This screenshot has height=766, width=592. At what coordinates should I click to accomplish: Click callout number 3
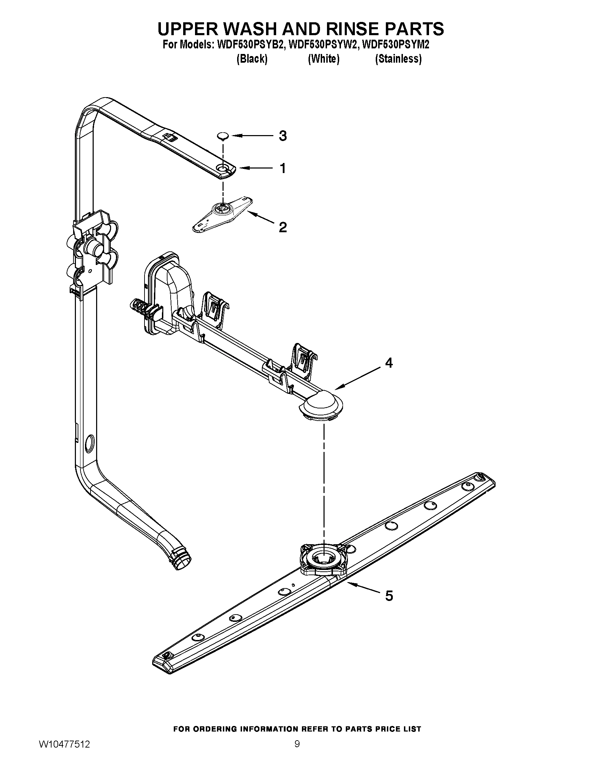pos(283,136)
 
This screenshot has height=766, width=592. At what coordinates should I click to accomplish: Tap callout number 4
pos(389,363)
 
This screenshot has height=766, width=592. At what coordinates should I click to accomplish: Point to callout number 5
pos(389,595)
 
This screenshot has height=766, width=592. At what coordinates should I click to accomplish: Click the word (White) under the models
pos(324,59)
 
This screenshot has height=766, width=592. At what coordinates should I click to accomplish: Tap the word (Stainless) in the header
pos(398,59)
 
